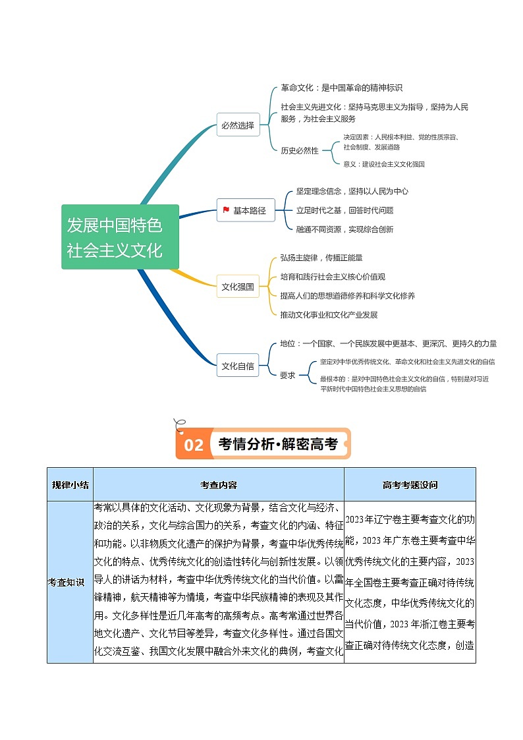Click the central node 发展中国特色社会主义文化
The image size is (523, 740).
pyautogui.click(x=120, y=237)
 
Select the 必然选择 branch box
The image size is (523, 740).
pyautogui.click(x=238, y=125)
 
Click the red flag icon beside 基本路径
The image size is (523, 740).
pyautogui.click(x=226, y=210)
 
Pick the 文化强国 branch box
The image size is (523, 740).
pyautogui.click(x=238, y=287)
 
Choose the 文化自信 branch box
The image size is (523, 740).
pyautogui.click(x=238, y=366)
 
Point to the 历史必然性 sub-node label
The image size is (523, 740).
pyautogui.click(x=300, y=151)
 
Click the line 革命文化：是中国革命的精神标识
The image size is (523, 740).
pyautogui.click(x=341, y=88)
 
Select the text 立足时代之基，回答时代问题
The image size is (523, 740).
pyautogui.click(x=344, y=210)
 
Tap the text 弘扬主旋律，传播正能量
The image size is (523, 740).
pyautogui.click(x=321, y=258)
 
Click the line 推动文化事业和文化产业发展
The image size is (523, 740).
pyautogui.click(x=329, y=315)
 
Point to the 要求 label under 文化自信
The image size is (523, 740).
pyautogui.click(x=288, y=375)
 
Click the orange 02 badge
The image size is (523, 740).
pyautogui.click(x=194, y=445)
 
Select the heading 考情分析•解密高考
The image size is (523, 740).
pyautogui.click(x=277, y=444)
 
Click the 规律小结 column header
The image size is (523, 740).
pyautogui.click(x=70, y=485)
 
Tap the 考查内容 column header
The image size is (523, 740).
pyautogui.click(x=218, y=485)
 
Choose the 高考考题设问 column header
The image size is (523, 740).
pyautogui.click(x=409, y=485)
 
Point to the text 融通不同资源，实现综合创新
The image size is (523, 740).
pyautogui.click(x=344, y=229)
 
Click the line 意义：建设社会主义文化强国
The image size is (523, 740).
pyautogui.click(x=384, y=164)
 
